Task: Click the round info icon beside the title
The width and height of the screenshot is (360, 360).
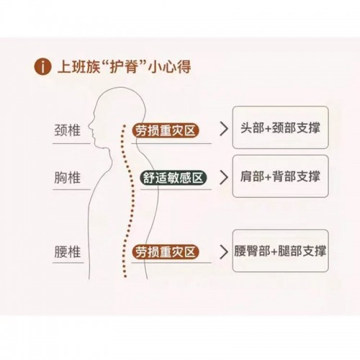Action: coord(42,66)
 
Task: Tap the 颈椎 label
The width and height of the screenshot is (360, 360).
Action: coord(68,130)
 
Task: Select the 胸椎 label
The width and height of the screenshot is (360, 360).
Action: coord(68,178)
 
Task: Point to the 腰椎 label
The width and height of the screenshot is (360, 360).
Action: coord(68,252)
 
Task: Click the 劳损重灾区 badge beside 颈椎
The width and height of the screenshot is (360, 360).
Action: coord(166,131)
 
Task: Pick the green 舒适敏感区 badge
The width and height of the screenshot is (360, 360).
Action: coord(174,178)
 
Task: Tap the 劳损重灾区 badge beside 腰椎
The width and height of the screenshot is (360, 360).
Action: coord(166,252)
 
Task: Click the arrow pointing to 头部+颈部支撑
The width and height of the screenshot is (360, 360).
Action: coord(224,129)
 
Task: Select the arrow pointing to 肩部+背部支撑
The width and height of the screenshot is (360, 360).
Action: coord(224,178)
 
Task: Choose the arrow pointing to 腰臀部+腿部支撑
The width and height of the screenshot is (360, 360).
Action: coord(224,252)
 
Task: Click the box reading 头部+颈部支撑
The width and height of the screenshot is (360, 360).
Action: coord(280,127)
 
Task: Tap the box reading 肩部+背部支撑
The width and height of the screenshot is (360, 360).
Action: coord(280,176)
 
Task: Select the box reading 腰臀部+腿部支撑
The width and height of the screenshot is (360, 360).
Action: coord(280,251)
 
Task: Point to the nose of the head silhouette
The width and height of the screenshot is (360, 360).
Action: coord(89,125)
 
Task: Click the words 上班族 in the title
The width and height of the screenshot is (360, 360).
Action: coord(78,66)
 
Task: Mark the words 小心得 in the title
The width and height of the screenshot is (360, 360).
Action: coord(170,66)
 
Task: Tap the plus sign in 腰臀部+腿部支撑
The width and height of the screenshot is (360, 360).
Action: coord(274,252)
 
